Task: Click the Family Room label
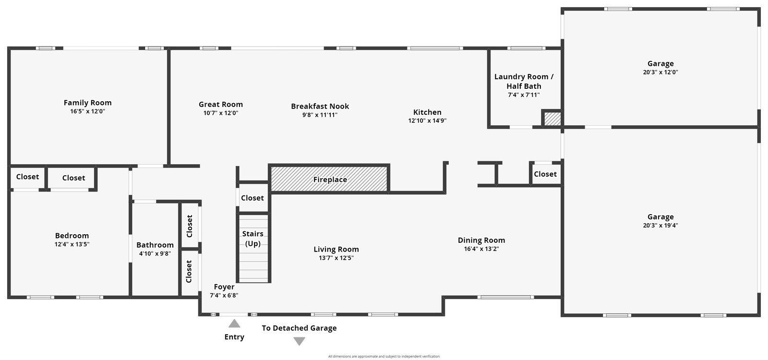point(87,103)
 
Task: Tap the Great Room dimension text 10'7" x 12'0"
point(221,113)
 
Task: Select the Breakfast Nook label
point(320,106)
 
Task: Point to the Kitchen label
point(427,112)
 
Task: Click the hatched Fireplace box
point(329,179)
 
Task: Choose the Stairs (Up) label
point(253,239)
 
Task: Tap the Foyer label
point(224,287)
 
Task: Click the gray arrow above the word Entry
point(234,324)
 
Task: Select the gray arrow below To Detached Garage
point(299,341)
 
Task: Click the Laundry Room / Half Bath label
point(524,82)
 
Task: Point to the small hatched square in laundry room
point(552,119)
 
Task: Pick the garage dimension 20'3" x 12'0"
point(660,72)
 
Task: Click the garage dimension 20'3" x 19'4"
point(660,226)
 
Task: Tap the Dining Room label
point(481,240)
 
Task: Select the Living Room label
point(336,249)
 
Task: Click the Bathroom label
point(155,245)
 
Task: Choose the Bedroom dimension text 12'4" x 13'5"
point(72,244)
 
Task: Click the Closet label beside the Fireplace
point(252,198)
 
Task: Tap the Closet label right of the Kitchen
point(545,174)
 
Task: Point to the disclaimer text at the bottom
point(384,356)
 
